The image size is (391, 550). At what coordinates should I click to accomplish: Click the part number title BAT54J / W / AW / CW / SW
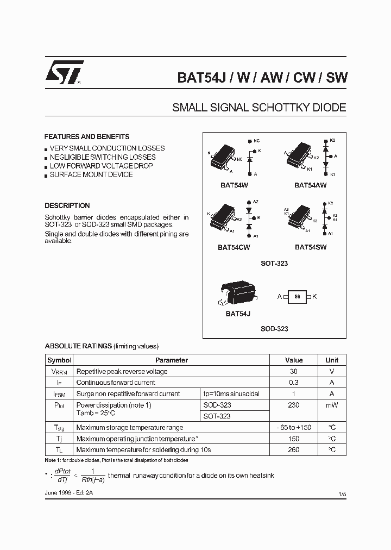pos(262,78)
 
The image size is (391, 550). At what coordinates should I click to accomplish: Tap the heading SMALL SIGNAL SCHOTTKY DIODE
pos(259,108)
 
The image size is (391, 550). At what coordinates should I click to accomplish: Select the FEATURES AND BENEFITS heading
pos(87,137)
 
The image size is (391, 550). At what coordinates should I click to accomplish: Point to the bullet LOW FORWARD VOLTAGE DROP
pos(101,166)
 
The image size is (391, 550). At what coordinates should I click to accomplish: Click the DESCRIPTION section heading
pos(67,206)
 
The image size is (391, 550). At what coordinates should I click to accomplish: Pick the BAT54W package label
pos(235,185)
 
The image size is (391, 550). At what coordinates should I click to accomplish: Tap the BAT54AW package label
pos(311,185)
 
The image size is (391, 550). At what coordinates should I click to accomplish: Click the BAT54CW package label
pos(234,247)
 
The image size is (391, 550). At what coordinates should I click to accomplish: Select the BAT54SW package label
pos(311,247)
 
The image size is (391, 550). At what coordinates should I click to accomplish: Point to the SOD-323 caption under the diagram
pos(274,329)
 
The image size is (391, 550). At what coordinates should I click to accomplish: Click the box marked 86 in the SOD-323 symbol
pos(297,296)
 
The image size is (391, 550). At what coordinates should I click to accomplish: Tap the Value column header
pos(294,360)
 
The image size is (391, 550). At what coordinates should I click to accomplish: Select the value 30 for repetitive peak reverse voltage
pos(294,372)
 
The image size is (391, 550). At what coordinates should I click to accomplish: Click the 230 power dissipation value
pos(294,405)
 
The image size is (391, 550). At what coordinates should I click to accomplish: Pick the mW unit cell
pos(332,405)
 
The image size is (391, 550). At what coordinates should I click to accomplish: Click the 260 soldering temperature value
pos(294,450)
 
